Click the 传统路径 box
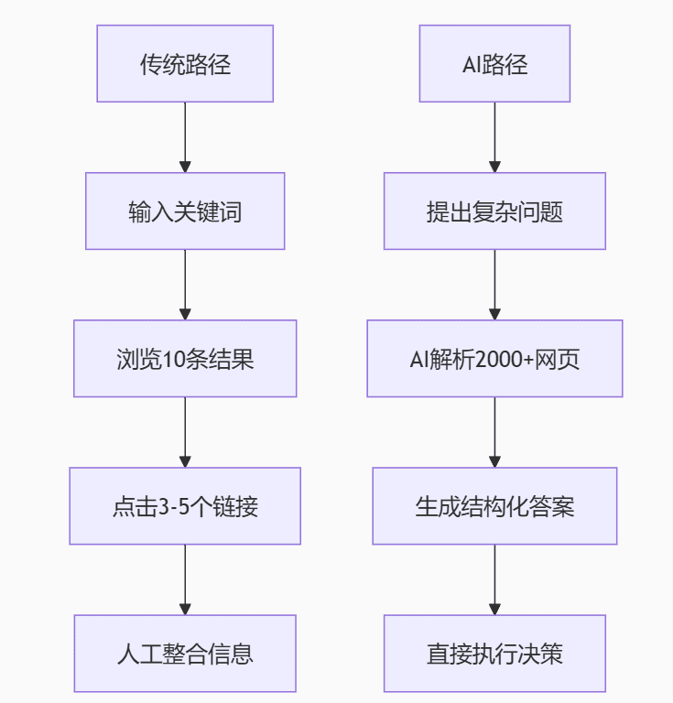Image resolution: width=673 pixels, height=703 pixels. (x=185, y=64)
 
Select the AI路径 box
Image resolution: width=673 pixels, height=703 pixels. (x=494, y=64)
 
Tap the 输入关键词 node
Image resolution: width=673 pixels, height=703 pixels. (x=185, y=211)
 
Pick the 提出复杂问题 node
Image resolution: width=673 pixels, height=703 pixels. (x=494, y=211)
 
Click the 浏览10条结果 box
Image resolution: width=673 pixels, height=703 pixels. (x=185, y=359)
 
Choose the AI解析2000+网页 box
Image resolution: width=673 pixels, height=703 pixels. (x=494, y=359)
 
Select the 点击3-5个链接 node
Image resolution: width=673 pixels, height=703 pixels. (x=185, y=506)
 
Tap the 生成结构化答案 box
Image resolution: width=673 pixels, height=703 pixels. (x=494, y=506)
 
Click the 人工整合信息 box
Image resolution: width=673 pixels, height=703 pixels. (x=185, y=654)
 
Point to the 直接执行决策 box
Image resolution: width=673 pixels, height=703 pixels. (x=494, y=654)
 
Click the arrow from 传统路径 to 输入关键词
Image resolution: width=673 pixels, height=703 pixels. (x=185, y=137)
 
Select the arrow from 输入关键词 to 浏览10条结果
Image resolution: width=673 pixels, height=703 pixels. (x=185, y=285)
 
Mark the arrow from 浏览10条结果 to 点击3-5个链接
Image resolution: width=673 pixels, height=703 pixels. (x=185, y=432)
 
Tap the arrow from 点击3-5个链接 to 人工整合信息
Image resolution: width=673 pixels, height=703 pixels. (x=185, y=579)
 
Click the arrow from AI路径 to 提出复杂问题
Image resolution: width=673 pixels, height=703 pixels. (x=494, y=137)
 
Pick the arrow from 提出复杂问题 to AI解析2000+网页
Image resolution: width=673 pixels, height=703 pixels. (x=494, y=285)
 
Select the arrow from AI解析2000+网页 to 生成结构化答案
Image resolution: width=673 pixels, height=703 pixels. (x=494, y=432)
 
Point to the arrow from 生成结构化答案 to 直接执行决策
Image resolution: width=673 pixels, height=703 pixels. (x=494, y=579)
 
